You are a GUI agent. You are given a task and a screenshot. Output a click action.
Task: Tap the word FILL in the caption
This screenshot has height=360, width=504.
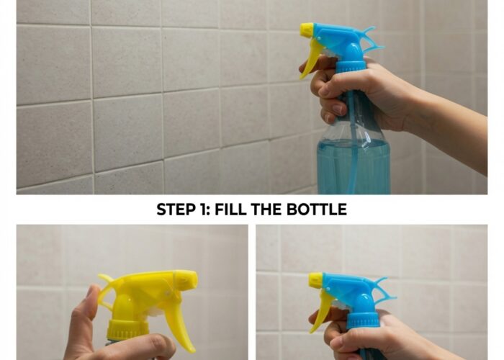230,210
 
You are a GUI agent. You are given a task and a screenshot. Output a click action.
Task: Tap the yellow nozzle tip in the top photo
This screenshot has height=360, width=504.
306,30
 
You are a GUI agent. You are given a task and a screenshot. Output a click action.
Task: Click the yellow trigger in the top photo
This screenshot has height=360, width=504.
310,60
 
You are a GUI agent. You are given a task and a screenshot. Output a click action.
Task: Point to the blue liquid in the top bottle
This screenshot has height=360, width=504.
354,167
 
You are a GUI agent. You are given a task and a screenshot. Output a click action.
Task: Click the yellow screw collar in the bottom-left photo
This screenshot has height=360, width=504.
128,330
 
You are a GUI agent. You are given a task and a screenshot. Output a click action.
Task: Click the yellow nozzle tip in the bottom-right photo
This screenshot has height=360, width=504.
315,279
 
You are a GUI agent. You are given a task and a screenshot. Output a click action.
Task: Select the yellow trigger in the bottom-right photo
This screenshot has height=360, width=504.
319,310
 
